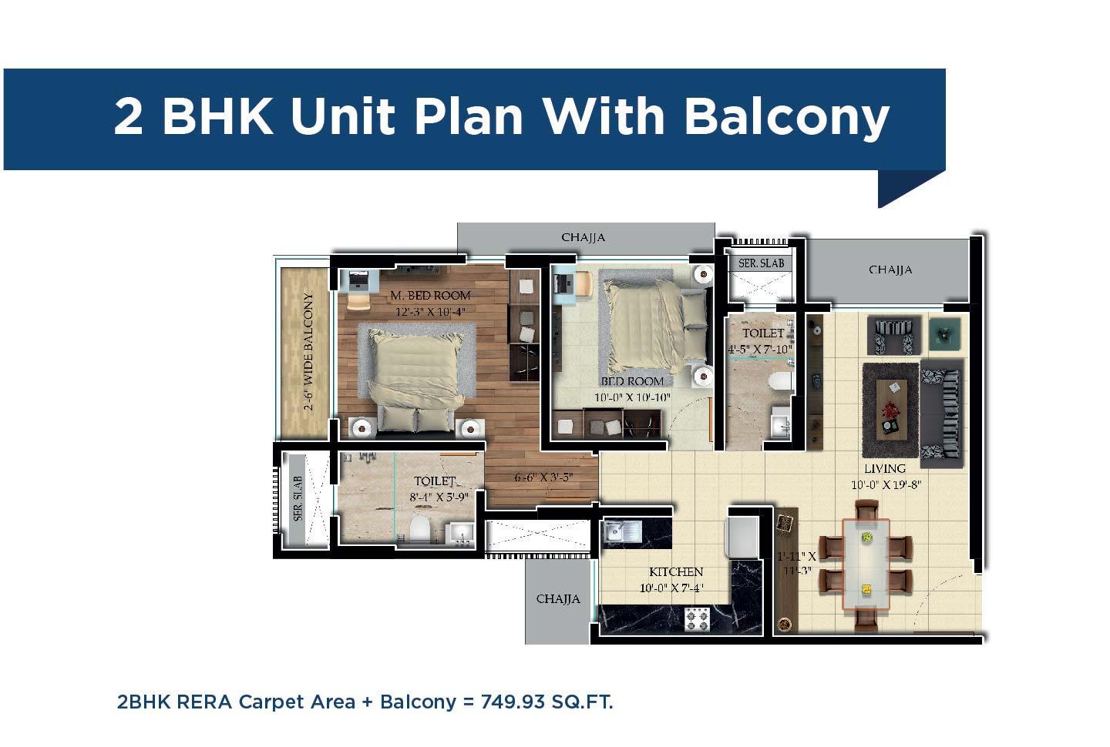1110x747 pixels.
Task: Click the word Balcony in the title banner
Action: (786, 116)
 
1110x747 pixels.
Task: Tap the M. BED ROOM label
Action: (430, 296)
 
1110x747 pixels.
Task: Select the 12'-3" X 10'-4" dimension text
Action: (430, 312)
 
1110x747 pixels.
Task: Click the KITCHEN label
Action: (676, 572)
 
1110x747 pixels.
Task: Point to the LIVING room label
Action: (884, 468)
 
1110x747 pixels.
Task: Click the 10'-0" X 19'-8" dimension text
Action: (886, 485)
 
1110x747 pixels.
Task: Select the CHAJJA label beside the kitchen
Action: (558, 599)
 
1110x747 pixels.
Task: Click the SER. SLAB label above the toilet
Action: (761, 263)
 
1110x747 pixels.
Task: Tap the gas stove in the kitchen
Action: (698, 619)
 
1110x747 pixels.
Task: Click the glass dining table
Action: (866, 564)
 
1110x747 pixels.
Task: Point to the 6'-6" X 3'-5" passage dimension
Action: (544, 477)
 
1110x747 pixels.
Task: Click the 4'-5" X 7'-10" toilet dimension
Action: (761, 350)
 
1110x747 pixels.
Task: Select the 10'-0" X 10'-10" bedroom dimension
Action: (632, 398)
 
